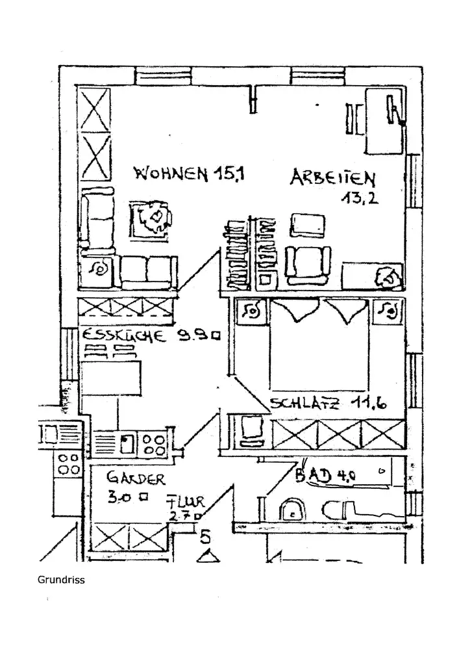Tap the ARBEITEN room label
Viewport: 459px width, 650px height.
[x=332, y=177]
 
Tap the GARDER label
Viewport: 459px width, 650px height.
[x=136, y=480]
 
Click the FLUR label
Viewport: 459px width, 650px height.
[x=186, y=502]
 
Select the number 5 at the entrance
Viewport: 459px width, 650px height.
[x=206, y=537]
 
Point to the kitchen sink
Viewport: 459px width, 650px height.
[x=128, y=443]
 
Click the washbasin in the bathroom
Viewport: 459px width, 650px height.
[x=294, y=510]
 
